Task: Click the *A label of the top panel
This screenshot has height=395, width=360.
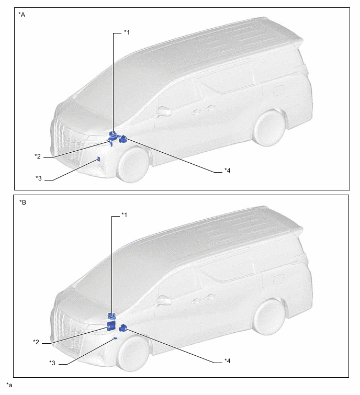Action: click(21, 15)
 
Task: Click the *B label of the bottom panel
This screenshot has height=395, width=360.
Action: click(22, 202)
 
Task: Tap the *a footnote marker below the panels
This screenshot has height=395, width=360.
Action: click(9, 385)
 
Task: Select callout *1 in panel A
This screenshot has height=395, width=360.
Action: click(127, 32)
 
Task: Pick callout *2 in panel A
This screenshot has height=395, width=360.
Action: click(38, 156)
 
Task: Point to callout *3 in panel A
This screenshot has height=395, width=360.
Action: click(39, 178)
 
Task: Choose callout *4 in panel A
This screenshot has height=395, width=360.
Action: click(228, 171)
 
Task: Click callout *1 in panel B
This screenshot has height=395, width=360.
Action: click(125, 215)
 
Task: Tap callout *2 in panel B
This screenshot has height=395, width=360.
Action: click(36, 342)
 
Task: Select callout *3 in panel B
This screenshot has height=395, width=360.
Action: click(52, 363)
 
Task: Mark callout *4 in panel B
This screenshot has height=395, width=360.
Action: click(228, 361)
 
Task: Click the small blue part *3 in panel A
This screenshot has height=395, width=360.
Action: click(99, 159)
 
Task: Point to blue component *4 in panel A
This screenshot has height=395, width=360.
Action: click(123, 139)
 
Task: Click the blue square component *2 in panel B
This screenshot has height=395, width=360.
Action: click(111, 325)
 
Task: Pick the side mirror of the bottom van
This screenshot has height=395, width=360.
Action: click(164, 300)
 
